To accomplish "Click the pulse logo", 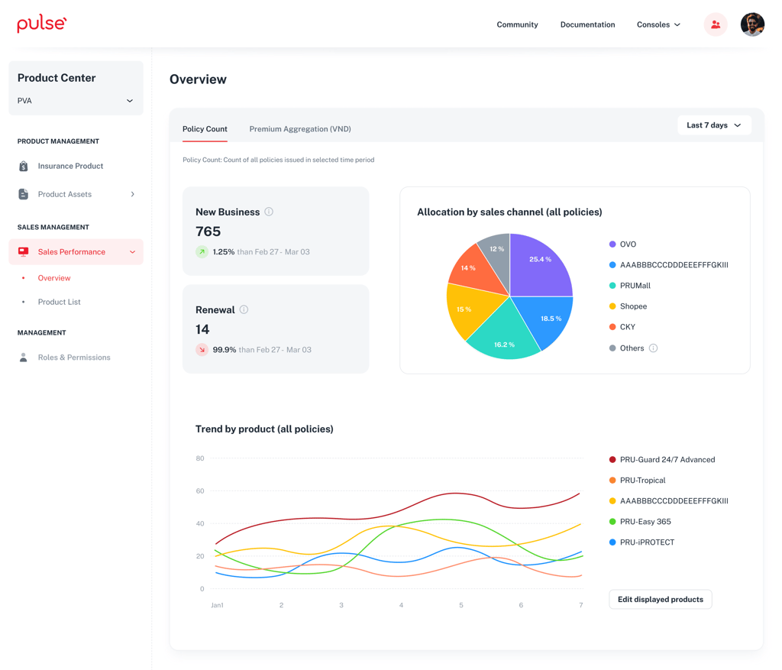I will (42, 24).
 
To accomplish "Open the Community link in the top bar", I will (517, 24).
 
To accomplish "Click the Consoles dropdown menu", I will (658, 24).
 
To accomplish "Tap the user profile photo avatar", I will (751, 24).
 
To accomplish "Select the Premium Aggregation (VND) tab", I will (300, 129).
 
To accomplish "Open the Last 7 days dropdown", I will (714, 125).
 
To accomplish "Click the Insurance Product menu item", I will (70, 166).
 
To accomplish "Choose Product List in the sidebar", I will (59, 302).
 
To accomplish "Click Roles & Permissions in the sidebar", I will (74, 358).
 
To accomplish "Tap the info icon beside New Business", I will (269, 212).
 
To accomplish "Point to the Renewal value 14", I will (202, 329).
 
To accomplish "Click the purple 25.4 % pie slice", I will (539, 264).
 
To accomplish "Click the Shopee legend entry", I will (633, 306).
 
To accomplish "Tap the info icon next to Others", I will (653, 348).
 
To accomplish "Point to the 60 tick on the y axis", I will (200, 491).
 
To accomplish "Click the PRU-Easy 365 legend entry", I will (645, 522).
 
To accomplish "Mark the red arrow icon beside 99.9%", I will (202, 350).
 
